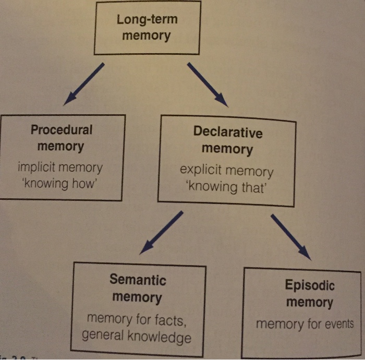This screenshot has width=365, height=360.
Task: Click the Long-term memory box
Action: tap(147, 28)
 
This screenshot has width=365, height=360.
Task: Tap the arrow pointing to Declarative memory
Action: tap(207, 83)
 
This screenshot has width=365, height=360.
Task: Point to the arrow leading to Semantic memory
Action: tap(161, 232)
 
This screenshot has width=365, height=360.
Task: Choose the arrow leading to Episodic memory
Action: tap(290, 236)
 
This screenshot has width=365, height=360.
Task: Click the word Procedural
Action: tap(61, 129)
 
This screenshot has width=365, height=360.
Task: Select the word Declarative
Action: tap(228, 132)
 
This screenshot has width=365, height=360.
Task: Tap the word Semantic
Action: tap(138, 280)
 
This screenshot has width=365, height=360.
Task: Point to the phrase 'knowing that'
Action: tap(226, 187)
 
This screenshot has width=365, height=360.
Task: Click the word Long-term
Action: tap(147, 20)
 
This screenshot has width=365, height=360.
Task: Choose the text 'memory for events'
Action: tap(305, 324)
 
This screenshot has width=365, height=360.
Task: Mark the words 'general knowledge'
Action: tap(137, 336)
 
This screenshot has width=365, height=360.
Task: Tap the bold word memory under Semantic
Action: tap(137, 297)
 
